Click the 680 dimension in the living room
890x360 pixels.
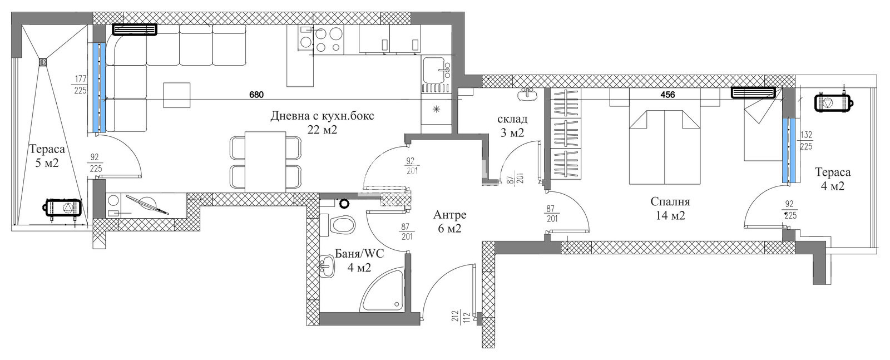coord(256,95)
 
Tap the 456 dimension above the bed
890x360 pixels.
coord(667,95)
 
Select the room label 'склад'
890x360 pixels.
coord(512,119)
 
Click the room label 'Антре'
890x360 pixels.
coord(450,215)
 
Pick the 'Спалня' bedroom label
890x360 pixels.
coord(670,201)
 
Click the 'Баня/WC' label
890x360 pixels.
coord(359,254)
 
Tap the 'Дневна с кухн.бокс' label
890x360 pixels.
coord(322,116)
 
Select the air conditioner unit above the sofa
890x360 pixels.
coord(135,30)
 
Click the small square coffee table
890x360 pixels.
coord(176,95)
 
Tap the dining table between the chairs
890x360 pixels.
coord(265,162)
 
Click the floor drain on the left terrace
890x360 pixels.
coord(43,62)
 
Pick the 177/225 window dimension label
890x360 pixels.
coord(80,85)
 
